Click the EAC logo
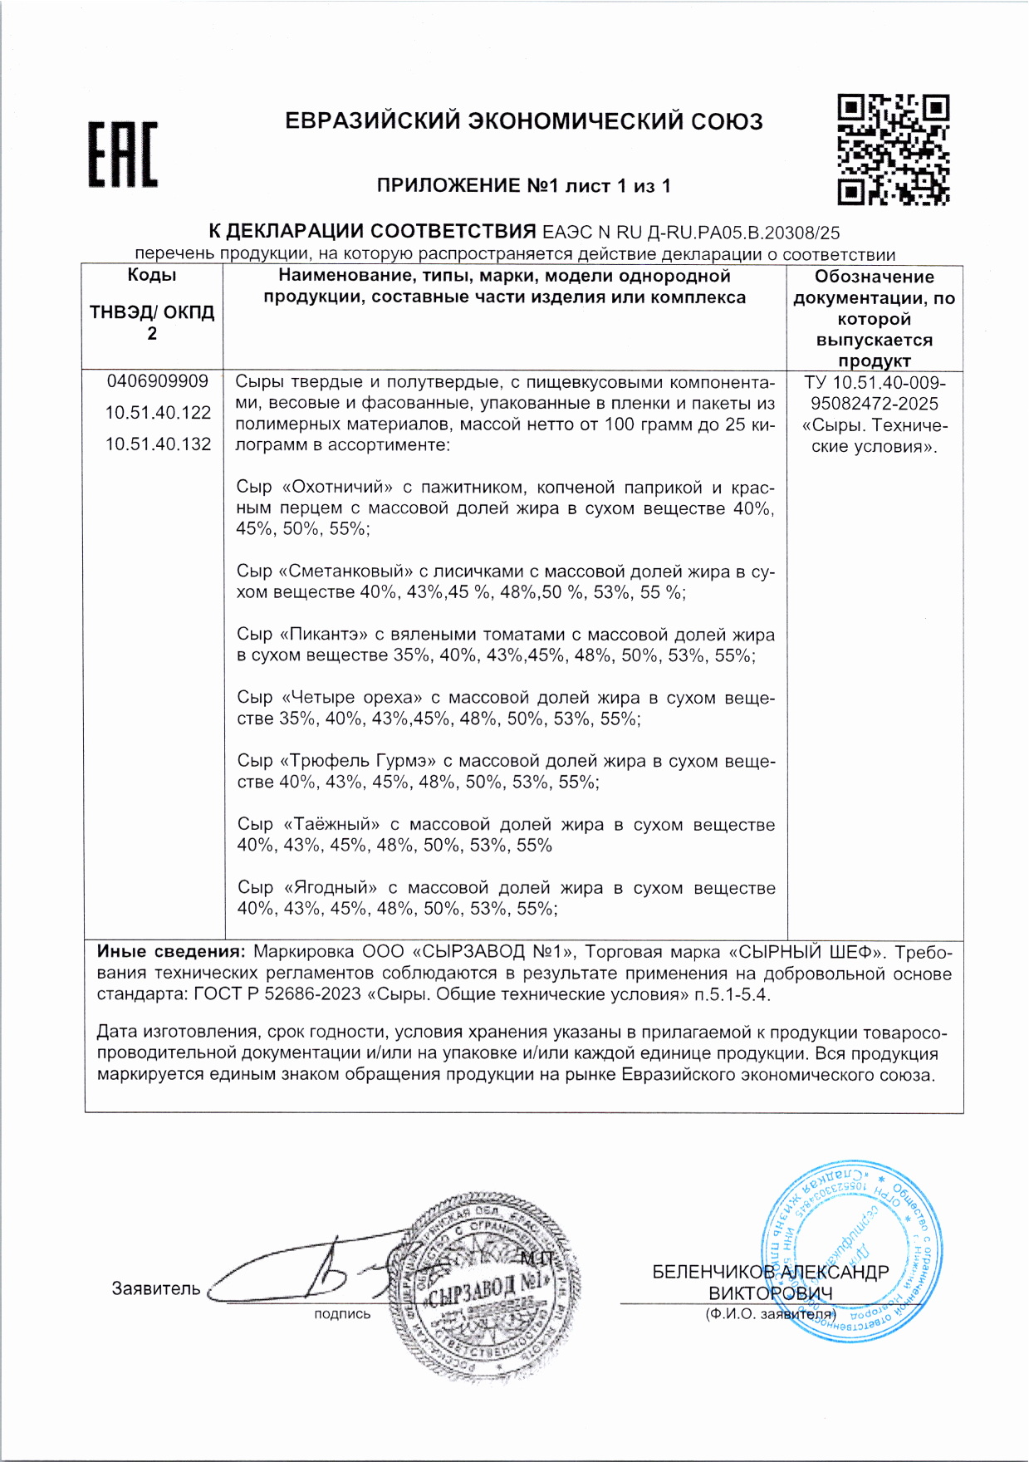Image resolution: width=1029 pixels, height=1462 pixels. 123,155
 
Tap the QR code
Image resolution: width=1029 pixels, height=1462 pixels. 893,150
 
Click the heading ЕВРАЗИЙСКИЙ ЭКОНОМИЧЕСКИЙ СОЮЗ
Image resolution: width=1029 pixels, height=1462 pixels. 523,121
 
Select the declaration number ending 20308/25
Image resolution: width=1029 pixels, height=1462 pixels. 690,233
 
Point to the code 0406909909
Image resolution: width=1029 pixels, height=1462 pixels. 157,381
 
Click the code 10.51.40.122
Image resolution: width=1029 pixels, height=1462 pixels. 158,413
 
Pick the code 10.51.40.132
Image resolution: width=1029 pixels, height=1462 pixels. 158,444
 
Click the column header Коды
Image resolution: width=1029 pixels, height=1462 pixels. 152,276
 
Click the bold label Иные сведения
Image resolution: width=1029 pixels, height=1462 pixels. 171,952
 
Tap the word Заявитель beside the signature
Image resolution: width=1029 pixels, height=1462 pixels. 156,1288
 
